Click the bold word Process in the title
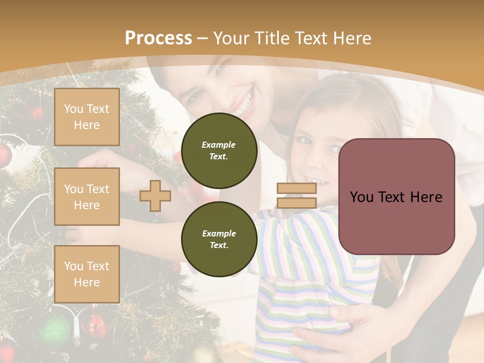coord(158,38)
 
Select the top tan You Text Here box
coord(87,117)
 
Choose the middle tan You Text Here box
coord(87,197)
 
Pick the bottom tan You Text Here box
coord(87,274)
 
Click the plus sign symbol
coord(155,196)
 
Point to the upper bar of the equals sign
coord(296,188)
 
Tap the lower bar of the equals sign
coord(296,203)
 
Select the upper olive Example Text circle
coord(219,150)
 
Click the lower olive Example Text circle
coord(219,239)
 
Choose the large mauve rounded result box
coord(396,196)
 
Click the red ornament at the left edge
coord(4,156)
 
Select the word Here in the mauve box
coord(426,197)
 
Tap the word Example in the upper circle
coord(219,145)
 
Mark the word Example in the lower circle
coord(219,233)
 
